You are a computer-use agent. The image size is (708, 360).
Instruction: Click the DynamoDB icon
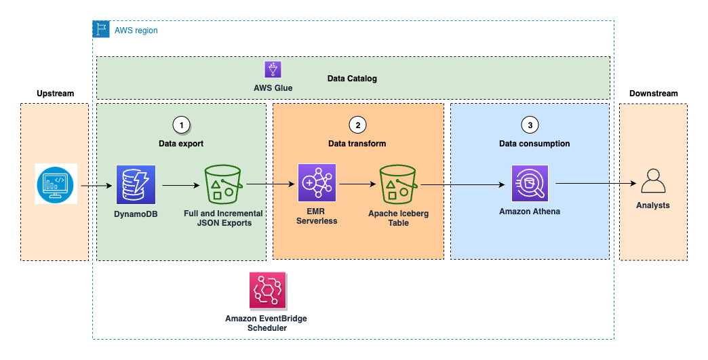(136, 184)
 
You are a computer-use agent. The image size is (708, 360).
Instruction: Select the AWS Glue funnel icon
(273, 69)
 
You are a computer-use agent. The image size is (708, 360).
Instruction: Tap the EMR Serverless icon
(317, 183)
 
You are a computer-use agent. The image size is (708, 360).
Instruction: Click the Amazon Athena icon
(529, 184)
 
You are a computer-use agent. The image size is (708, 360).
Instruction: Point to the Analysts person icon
(653, 182)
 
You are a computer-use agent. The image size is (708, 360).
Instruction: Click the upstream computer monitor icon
(56, 183)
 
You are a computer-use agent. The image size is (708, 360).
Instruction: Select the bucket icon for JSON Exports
(224, 184)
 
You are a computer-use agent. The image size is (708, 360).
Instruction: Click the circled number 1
(181, 125)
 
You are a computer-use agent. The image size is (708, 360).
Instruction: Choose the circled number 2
(357, 125)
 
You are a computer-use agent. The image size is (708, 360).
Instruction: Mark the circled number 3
(530, 125)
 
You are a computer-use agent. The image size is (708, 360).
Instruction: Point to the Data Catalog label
(352, 79)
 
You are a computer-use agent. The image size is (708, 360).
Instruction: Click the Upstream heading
(55, 93)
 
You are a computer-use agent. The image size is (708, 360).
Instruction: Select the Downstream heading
(653, 93)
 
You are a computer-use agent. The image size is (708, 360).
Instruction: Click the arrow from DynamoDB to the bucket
(180, 184)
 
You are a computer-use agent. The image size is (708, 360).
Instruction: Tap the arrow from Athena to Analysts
(593, 184)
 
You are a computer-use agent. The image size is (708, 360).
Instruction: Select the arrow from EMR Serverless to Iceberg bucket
(357, 184)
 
